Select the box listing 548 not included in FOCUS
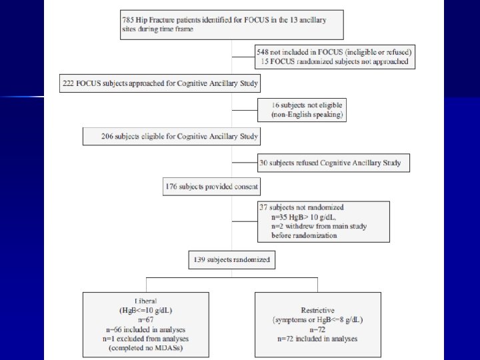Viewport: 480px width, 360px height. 335,57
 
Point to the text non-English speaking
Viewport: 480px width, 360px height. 307,115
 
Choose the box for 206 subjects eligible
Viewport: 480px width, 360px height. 171,136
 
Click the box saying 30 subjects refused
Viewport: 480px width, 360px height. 333,162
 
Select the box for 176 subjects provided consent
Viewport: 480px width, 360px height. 211,187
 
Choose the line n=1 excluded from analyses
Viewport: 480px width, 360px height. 145,339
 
